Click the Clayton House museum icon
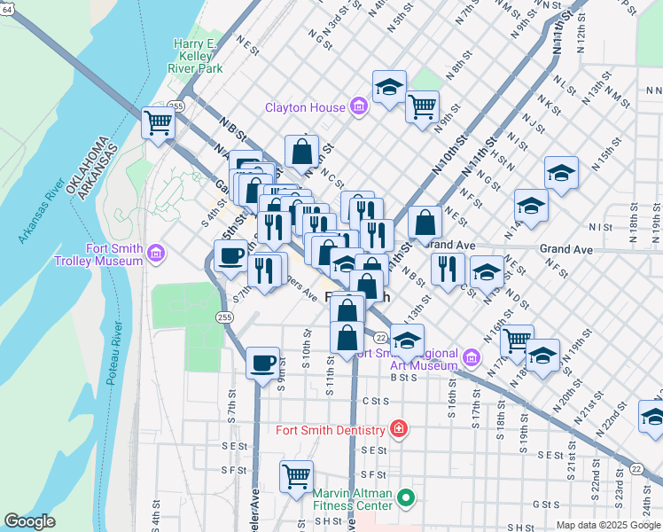tap(358, 108)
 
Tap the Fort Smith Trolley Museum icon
tap(156, 254)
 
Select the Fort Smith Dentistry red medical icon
tap(399, 430)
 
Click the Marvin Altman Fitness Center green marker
tap(406, 499)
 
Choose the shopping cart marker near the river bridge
tap(159, 121)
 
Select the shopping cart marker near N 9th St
tap(422, 106)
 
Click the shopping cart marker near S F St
tap(296, 475)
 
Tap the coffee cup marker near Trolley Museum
tap(230, 255)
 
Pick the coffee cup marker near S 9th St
tap(262, 362)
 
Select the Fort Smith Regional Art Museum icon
tap(470, 359)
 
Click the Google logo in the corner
tap(29, 521)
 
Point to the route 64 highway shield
tap(7, 9)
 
